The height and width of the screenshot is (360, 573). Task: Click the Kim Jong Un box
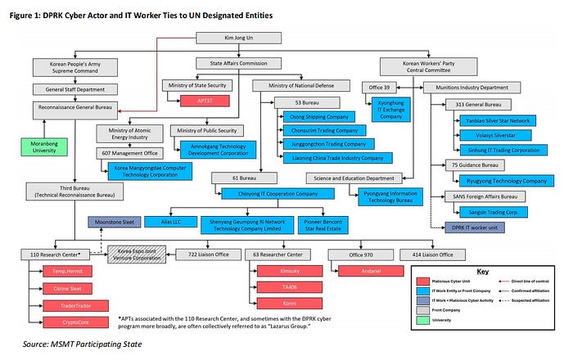click(x=232, y=38)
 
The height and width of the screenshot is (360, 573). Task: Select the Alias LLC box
click(x=194, y=221)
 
